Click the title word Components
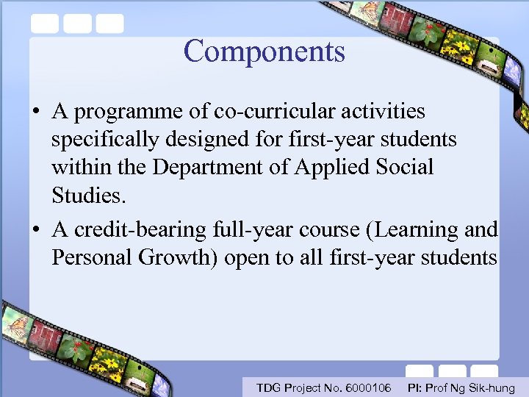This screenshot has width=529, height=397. tap(264, 51)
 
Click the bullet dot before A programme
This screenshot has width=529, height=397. tap(35, 112)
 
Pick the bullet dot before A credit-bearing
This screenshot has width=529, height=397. tap(35, 231)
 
